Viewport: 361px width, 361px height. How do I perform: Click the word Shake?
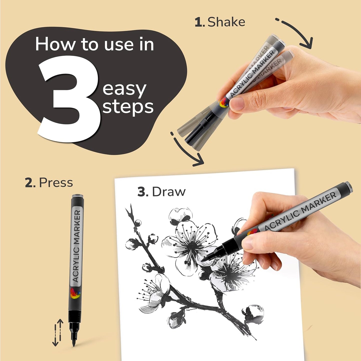pyautogui.click(x=226, y=22)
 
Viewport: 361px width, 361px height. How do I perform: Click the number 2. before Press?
pyautogui.click(x=30, y=183)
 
